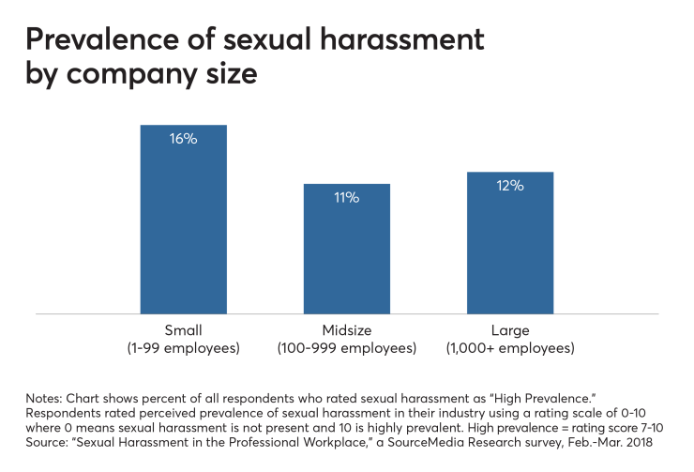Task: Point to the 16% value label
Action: tap(184, 138)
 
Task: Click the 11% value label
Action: tap(346, 197)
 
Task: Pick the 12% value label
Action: tap(509, 186)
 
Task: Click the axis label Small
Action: tap(184, 330)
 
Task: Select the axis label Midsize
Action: tap(346, 330)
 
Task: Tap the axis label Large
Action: tap(509, 330)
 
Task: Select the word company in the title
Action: tap(153, 76)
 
